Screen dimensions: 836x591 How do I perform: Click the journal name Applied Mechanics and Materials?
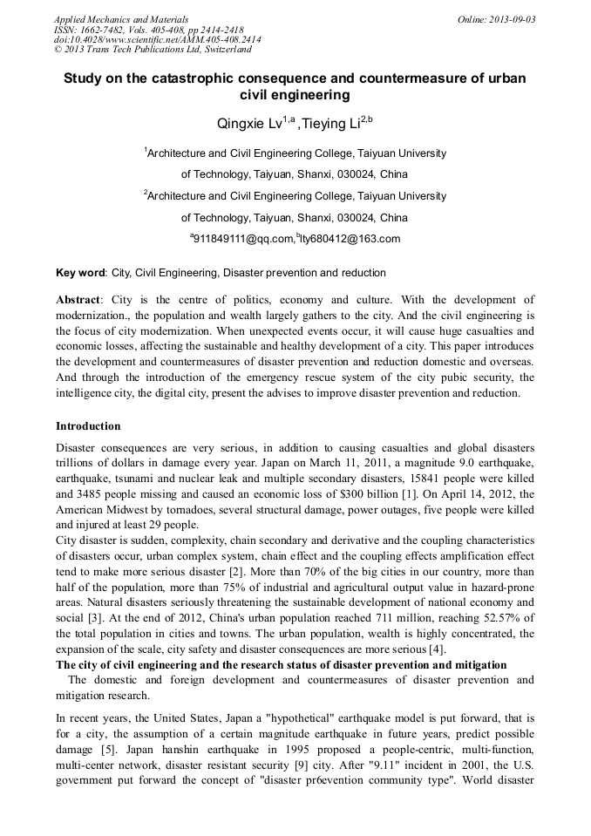[x=121, y=18]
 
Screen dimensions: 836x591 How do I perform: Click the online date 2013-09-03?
[x=499, y=18]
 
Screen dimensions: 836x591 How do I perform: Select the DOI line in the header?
[x=157, y=40]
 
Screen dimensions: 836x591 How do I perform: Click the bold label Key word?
[x=80, y=273]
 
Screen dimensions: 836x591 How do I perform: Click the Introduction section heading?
[x=88, y=426]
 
